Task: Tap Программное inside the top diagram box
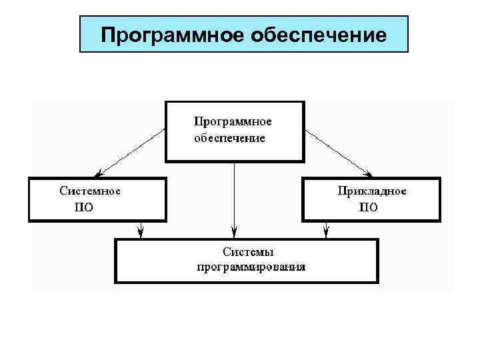point(233,122)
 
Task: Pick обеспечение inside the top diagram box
point(229,139)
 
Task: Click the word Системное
point(90,190)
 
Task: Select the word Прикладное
point(372,191)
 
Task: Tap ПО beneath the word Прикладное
point(369,207)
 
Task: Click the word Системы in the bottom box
point(248,251)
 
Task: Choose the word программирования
point(251,267)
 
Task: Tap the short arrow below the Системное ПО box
point(141,229)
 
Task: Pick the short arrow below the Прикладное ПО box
point(326,229)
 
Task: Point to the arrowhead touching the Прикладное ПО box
point(368,173)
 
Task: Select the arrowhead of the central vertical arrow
point(234,233)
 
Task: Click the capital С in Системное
point(63,190)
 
